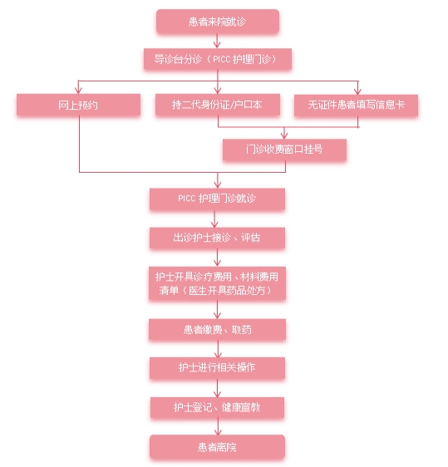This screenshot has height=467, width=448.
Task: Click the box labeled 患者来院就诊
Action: tap(218, 22)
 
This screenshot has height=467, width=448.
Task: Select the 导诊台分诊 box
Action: tap(218, 59)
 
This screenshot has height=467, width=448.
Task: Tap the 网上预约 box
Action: tap(78, 105)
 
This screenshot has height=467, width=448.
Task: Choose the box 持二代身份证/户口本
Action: tap(218, 105)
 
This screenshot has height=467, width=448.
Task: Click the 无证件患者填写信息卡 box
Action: tap(356, 105)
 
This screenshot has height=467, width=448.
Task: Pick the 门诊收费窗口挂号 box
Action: tap(284, 150)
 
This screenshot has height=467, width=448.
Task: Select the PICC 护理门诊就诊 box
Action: tap(217, 199)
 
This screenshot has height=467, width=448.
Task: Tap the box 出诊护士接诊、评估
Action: tap(217, 238)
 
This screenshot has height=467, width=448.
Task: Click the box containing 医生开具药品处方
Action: tap(217, 283)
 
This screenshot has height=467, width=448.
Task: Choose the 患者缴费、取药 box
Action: tap(217, 329)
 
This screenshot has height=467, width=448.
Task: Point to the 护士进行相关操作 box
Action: tap(217, 368)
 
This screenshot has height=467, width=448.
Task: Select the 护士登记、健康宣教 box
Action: tap(217, 407)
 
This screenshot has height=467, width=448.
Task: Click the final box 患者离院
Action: tap(217, 447)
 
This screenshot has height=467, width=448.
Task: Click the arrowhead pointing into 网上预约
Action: tap(78, 91)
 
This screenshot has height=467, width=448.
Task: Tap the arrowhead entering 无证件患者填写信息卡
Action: tap(357, 91)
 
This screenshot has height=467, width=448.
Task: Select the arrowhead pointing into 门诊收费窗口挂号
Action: tap(284, 135)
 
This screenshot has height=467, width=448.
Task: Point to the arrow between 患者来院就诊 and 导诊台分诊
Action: tap(217, 41)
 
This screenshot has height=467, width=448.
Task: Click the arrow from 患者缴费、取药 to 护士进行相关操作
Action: tap(218, 349)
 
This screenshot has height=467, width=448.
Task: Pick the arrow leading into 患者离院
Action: tap(218, 426)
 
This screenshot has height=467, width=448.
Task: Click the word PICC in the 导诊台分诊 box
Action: tap(222, 59)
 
